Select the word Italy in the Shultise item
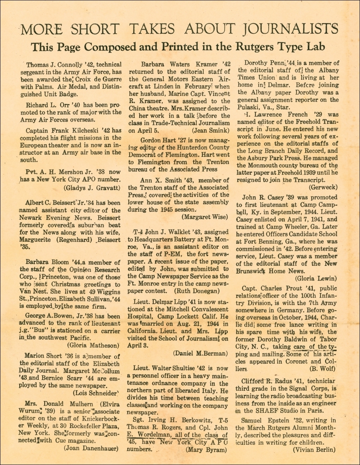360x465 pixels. [213, 391]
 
